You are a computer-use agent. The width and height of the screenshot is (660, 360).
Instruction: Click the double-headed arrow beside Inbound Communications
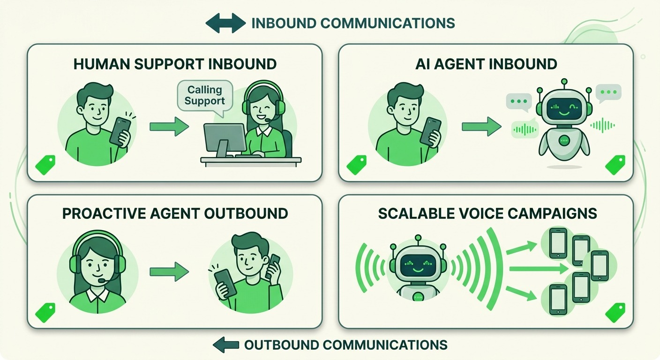[x=225, y=23]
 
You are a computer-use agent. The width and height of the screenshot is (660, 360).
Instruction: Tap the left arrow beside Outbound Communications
[x=226, y=345]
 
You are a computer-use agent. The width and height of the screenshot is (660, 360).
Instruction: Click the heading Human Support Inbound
[x=175, y=64]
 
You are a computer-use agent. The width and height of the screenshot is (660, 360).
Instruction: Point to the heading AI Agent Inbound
[x=486, y=64]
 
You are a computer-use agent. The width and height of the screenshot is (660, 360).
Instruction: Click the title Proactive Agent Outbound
[x=175, y=214]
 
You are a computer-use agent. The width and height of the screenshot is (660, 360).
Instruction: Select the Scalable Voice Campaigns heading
[x=487, y=214]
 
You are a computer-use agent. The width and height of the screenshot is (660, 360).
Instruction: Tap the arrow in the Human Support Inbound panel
[x=169, y=127]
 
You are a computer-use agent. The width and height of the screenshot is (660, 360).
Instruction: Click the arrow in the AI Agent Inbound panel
[x=481, y=127]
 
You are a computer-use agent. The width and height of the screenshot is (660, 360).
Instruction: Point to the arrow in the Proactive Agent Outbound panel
[x=169, y=271]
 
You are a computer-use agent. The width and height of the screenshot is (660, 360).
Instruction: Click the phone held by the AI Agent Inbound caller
[x=431, y=132]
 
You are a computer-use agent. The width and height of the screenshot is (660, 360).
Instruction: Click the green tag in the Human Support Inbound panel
[x=45, y=165]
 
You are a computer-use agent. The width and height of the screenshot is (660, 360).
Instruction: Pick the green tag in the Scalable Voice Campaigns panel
[x=615, y=313]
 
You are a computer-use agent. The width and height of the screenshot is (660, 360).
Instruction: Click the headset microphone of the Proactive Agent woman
[x=102, y=280]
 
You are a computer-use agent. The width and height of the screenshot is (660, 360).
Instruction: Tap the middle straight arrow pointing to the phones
[x=539, y=269]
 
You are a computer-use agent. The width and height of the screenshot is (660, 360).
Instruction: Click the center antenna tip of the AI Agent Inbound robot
[x=564, y=81]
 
